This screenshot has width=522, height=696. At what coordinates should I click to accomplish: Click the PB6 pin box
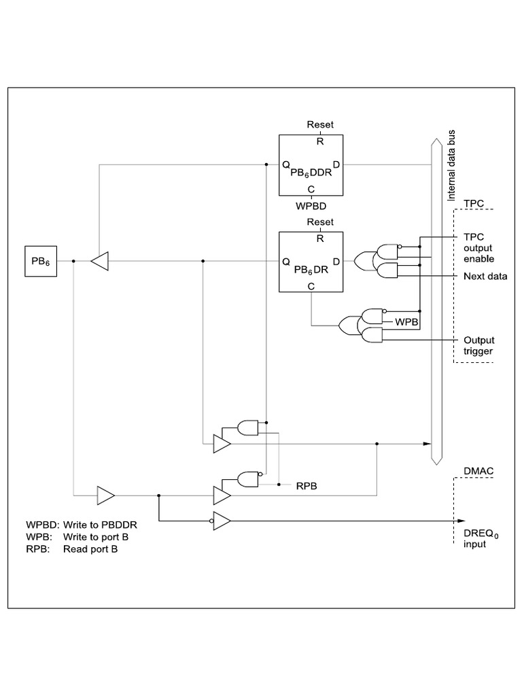41,261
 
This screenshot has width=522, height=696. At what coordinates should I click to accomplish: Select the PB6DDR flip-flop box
311,166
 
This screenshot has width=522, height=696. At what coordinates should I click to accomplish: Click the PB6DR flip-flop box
311,262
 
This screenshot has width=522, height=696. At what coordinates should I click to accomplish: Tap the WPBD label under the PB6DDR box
311,205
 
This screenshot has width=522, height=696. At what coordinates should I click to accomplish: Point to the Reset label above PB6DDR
319,124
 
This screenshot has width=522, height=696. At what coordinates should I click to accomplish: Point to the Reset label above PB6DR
319,222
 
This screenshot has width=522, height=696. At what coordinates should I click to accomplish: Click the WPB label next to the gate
406,320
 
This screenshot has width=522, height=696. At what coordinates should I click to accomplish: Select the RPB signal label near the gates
304,487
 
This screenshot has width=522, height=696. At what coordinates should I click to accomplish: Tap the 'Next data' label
485,277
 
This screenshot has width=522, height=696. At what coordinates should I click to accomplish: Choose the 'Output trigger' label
478,345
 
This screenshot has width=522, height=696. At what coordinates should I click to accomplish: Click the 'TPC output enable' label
478,248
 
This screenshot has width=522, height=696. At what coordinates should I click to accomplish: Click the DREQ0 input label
481,539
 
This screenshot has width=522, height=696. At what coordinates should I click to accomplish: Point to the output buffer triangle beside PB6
100,261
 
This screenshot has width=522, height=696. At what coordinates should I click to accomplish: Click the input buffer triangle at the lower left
105,495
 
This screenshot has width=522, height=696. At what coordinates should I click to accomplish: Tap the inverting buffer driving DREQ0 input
222,521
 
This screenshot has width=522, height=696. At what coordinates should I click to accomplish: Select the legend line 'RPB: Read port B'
71,549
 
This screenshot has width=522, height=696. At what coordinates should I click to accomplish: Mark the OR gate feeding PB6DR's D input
363,260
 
